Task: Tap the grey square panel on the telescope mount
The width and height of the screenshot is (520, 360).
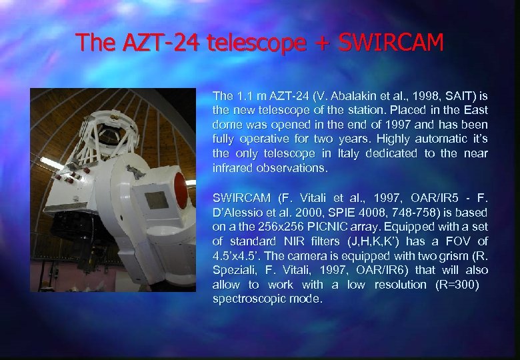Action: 157,199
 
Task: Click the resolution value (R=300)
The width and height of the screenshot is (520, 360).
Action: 435,285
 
